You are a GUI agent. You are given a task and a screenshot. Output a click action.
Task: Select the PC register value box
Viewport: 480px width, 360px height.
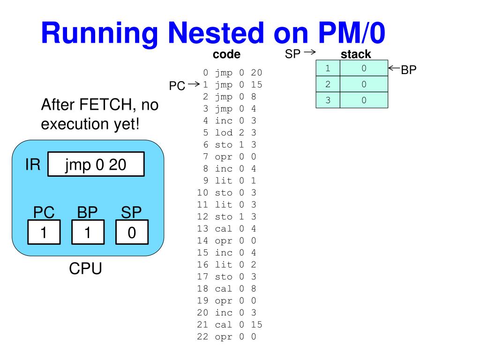pos(44,232)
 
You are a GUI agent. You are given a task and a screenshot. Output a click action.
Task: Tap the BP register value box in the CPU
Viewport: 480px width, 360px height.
pos(88,232)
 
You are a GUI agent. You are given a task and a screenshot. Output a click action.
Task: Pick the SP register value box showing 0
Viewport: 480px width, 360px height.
pos(132,232)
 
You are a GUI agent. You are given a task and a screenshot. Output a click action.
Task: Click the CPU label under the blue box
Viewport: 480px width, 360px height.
pos(85,269)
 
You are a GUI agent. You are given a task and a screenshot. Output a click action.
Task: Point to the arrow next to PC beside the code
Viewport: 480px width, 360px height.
pos(193,85)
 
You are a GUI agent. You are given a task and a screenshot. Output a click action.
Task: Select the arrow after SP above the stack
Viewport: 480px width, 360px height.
pos(309,52)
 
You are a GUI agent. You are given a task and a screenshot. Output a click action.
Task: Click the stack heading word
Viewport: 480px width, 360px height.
pos(356,54)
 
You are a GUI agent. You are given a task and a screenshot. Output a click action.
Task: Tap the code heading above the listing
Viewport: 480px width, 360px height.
pos(226,54)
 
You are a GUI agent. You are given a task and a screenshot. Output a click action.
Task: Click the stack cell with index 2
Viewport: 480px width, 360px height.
pos(328,84)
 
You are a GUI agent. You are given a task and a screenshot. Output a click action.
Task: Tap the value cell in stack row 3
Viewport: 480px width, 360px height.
pos(364,100)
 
